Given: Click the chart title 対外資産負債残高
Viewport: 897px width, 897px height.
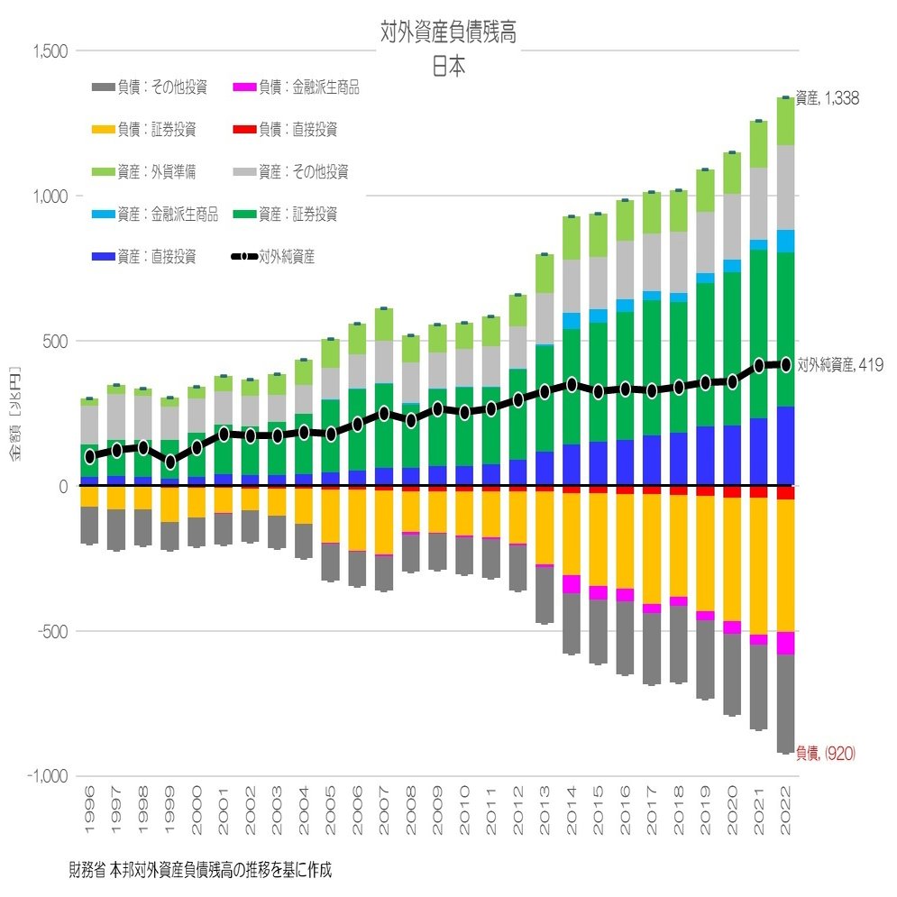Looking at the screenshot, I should (x=448, y=33).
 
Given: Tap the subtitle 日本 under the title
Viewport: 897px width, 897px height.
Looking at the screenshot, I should (x=448, y=68).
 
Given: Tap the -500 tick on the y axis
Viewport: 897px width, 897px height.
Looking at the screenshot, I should (x=53, y=631).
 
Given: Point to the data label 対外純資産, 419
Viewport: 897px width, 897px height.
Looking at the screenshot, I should (x=839, y=364).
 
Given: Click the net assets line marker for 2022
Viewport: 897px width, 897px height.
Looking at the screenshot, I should (x=785, y=364).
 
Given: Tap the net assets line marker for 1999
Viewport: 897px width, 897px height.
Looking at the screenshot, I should (x=169, y=462).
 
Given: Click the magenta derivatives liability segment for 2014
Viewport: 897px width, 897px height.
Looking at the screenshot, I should (x=570, y=584).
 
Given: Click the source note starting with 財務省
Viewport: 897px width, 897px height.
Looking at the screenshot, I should (x=200, y=871).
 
